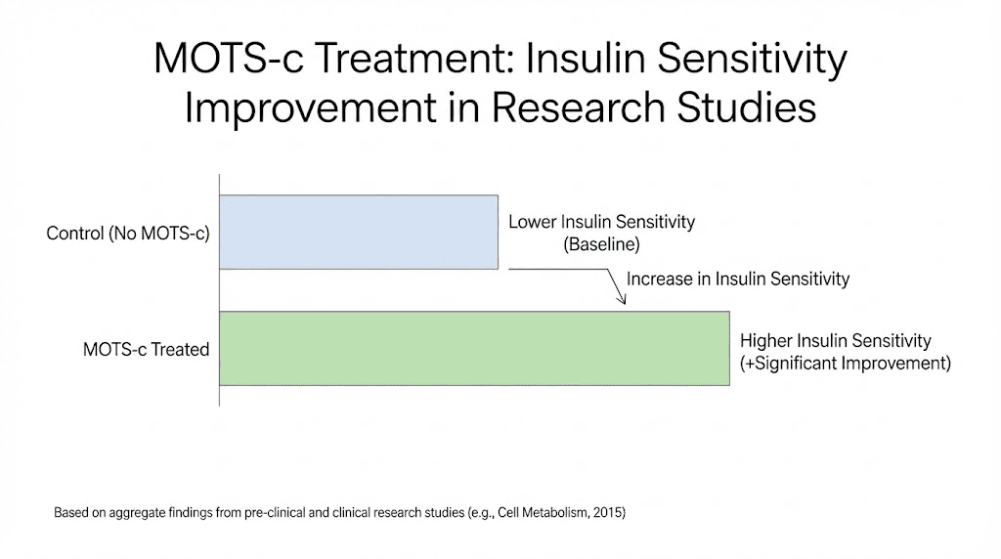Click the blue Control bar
(x=358, y=232)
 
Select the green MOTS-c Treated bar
(x=474, y=348)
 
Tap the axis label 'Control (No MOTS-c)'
(x=128, y=235)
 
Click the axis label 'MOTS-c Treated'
(x=146, y=349)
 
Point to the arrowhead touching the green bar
(x=621, y=301)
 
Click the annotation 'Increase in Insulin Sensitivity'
(x=738, y=279)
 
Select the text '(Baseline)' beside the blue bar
(x=601, y=244)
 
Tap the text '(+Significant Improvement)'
(x=846, y=363)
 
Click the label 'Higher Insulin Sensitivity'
(x=836, y=340)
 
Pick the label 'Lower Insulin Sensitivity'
(x=601, y=222)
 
